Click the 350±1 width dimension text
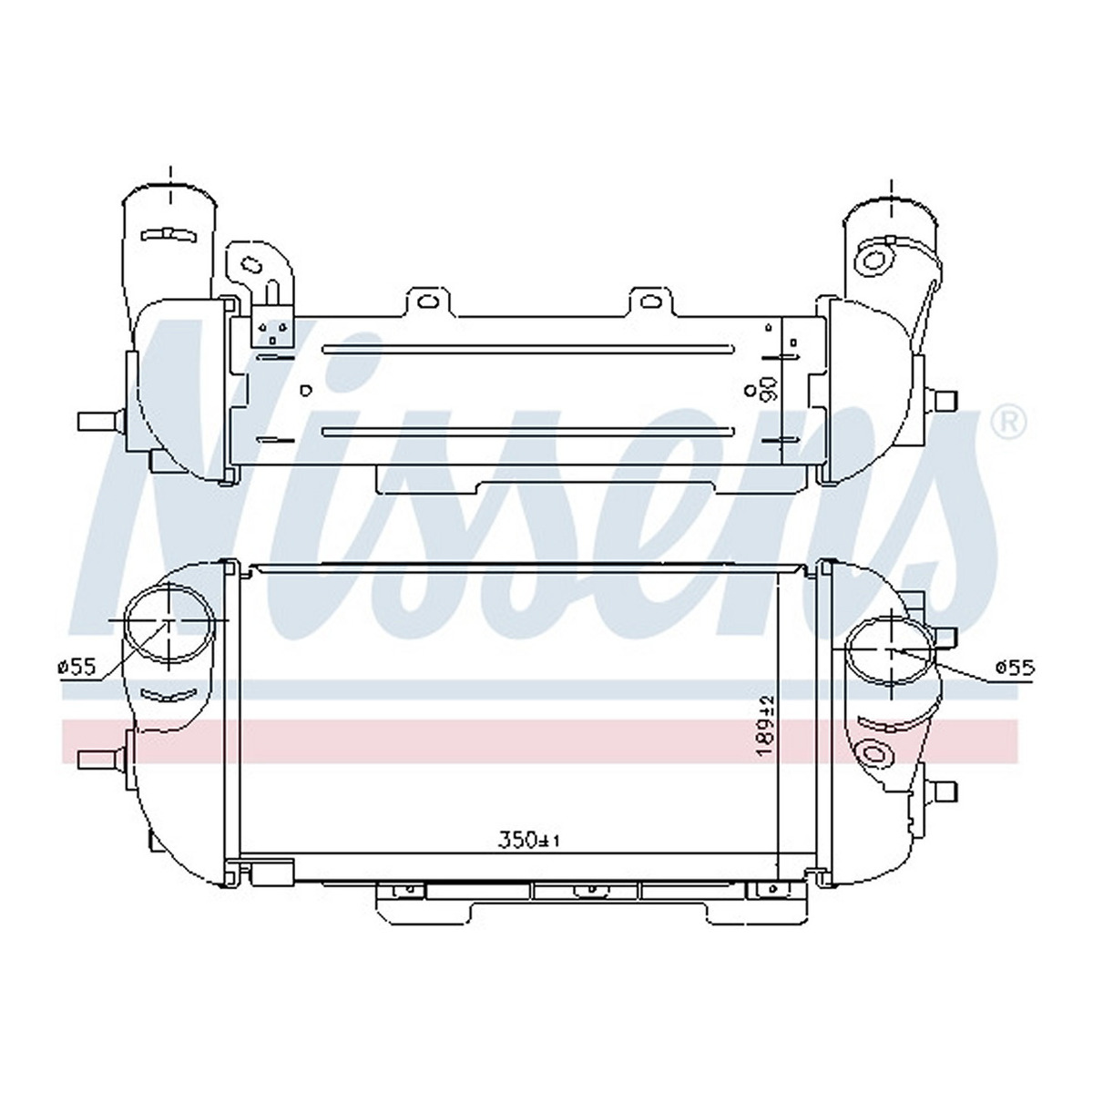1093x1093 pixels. point(528,856)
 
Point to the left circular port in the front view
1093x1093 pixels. point(170,621)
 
